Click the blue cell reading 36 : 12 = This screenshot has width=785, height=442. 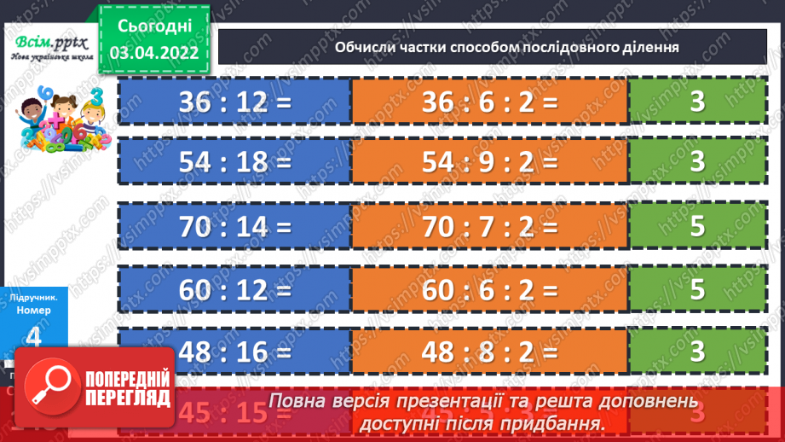[234, 102]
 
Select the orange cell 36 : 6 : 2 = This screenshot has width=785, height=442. [489, 102]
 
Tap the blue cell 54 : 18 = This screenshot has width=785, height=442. [234, 161]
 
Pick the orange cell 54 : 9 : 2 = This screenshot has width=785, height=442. [489, 161]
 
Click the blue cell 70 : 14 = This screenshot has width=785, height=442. [234, 227]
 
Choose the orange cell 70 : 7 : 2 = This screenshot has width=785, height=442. [489, 227]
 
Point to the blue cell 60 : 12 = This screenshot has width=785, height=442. [234, 288]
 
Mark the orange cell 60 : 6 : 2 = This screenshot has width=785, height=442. [489, 288]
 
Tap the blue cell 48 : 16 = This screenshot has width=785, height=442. [234, 350]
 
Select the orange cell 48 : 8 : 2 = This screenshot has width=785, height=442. [489, 350]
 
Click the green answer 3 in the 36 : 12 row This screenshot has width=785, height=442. [698, 102]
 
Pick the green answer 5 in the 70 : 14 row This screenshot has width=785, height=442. [698, 227]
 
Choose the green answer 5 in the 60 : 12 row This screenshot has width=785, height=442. [698, 288]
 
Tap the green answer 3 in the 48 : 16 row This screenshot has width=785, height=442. [698, 350]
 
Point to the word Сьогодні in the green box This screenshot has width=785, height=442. [154, 25]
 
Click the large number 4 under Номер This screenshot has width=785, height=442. [35, 336]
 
